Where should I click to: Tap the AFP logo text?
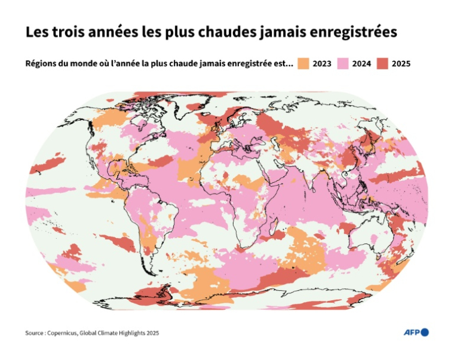(412, 333)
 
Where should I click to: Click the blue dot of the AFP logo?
(425, 333)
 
